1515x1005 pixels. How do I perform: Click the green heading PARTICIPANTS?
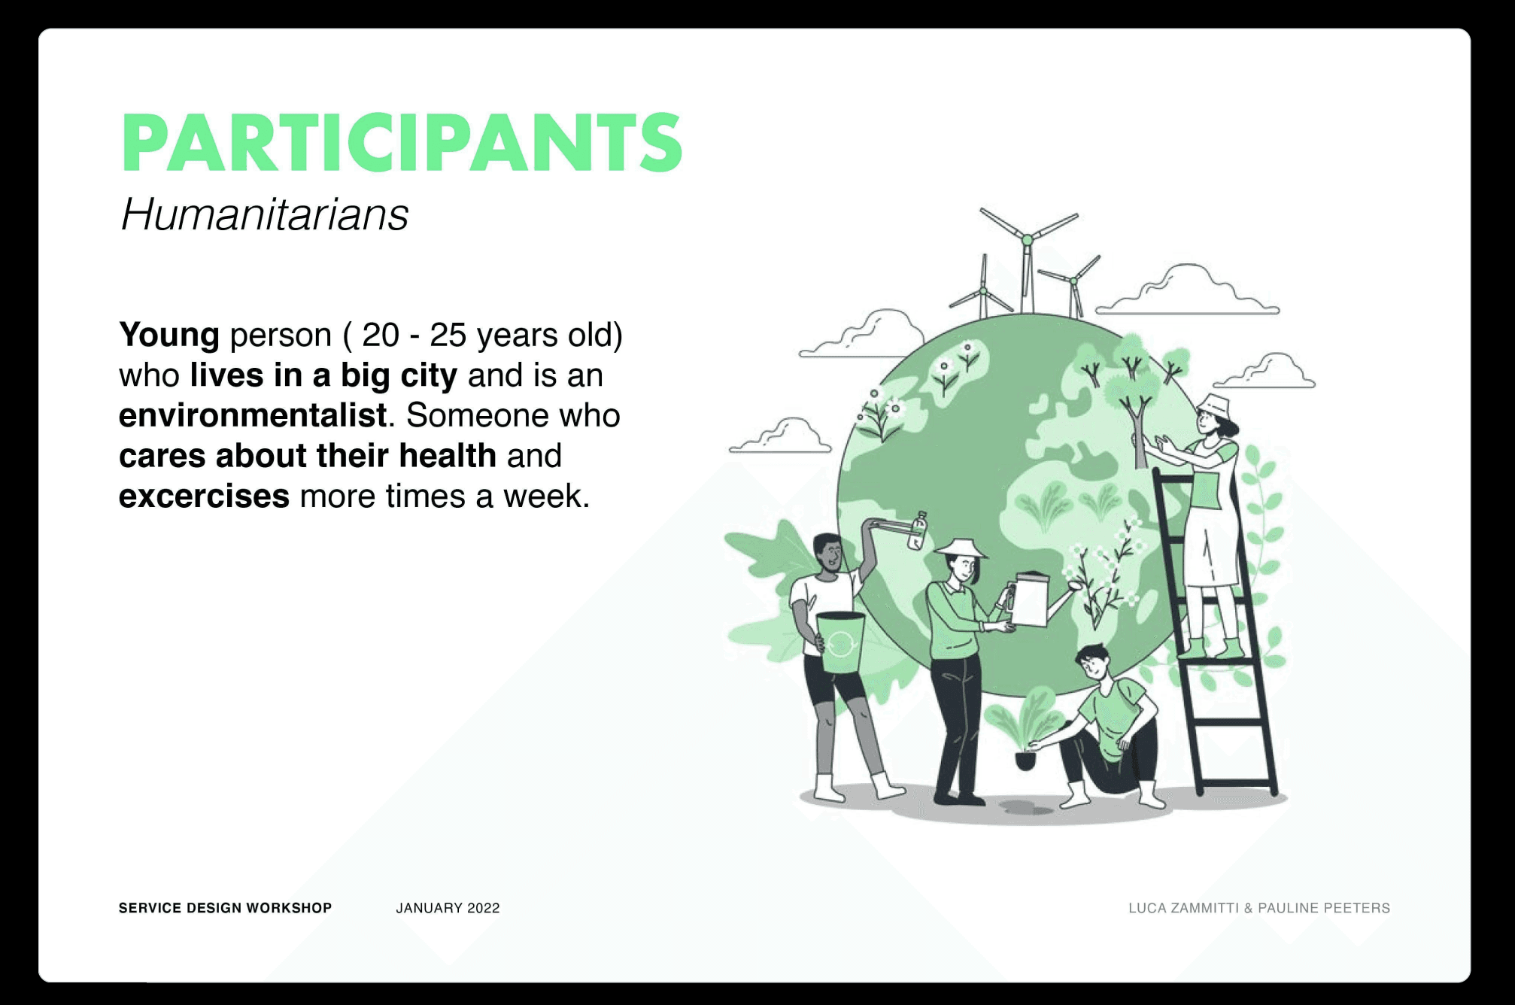(x=402, y=142)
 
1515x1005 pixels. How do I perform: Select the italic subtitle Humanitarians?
(x=264, y=214)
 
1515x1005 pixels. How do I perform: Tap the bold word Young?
(x=169, y=336)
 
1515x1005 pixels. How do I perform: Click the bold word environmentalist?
(x=253, y=415)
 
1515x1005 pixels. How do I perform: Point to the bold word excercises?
(x=204, y=496)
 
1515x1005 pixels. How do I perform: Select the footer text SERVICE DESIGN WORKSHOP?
(x=225, y=908)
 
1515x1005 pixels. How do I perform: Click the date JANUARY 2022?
(x=448, y=908)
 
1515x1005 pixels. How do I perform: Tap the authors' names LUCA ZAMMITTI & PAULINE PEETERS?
(x=1259, y=908)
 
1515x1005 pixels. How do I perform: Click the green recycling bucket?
(x=840, y=642)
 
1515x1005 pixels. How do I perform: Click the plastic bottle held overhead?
(x=918, y=530)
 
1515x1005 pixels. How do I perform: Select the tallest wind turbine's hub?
(x=1027, y=240)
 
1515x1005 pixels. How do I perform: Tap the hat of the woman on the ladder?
(x=1213, y=405)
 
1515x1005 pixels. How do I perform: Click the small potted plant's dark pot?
(x=1025, y=759)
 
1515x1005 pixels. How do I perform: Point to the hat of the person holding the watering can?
(x=960, y=548)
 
